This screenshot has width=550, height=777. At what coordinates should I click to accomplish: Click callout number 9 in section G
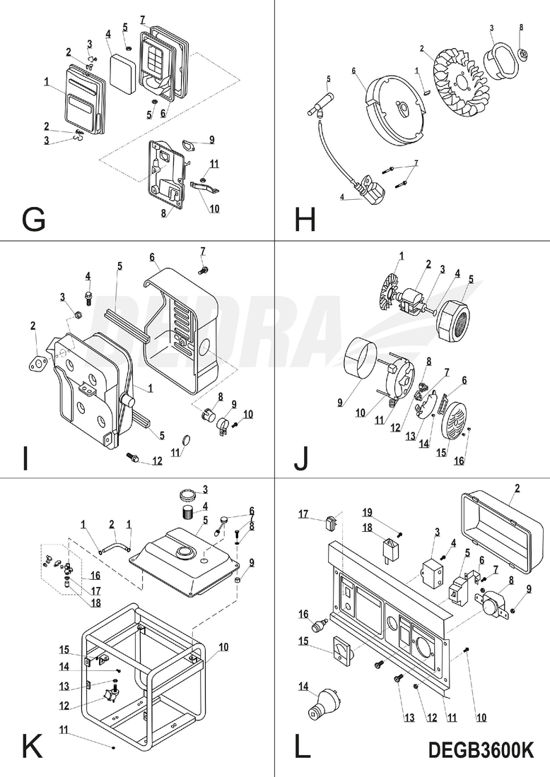211,139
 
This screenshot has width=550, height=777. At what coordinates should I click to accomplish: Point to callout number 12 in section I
156,462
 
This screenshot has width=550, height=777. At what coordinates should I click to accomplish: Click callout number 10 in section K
223,646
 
